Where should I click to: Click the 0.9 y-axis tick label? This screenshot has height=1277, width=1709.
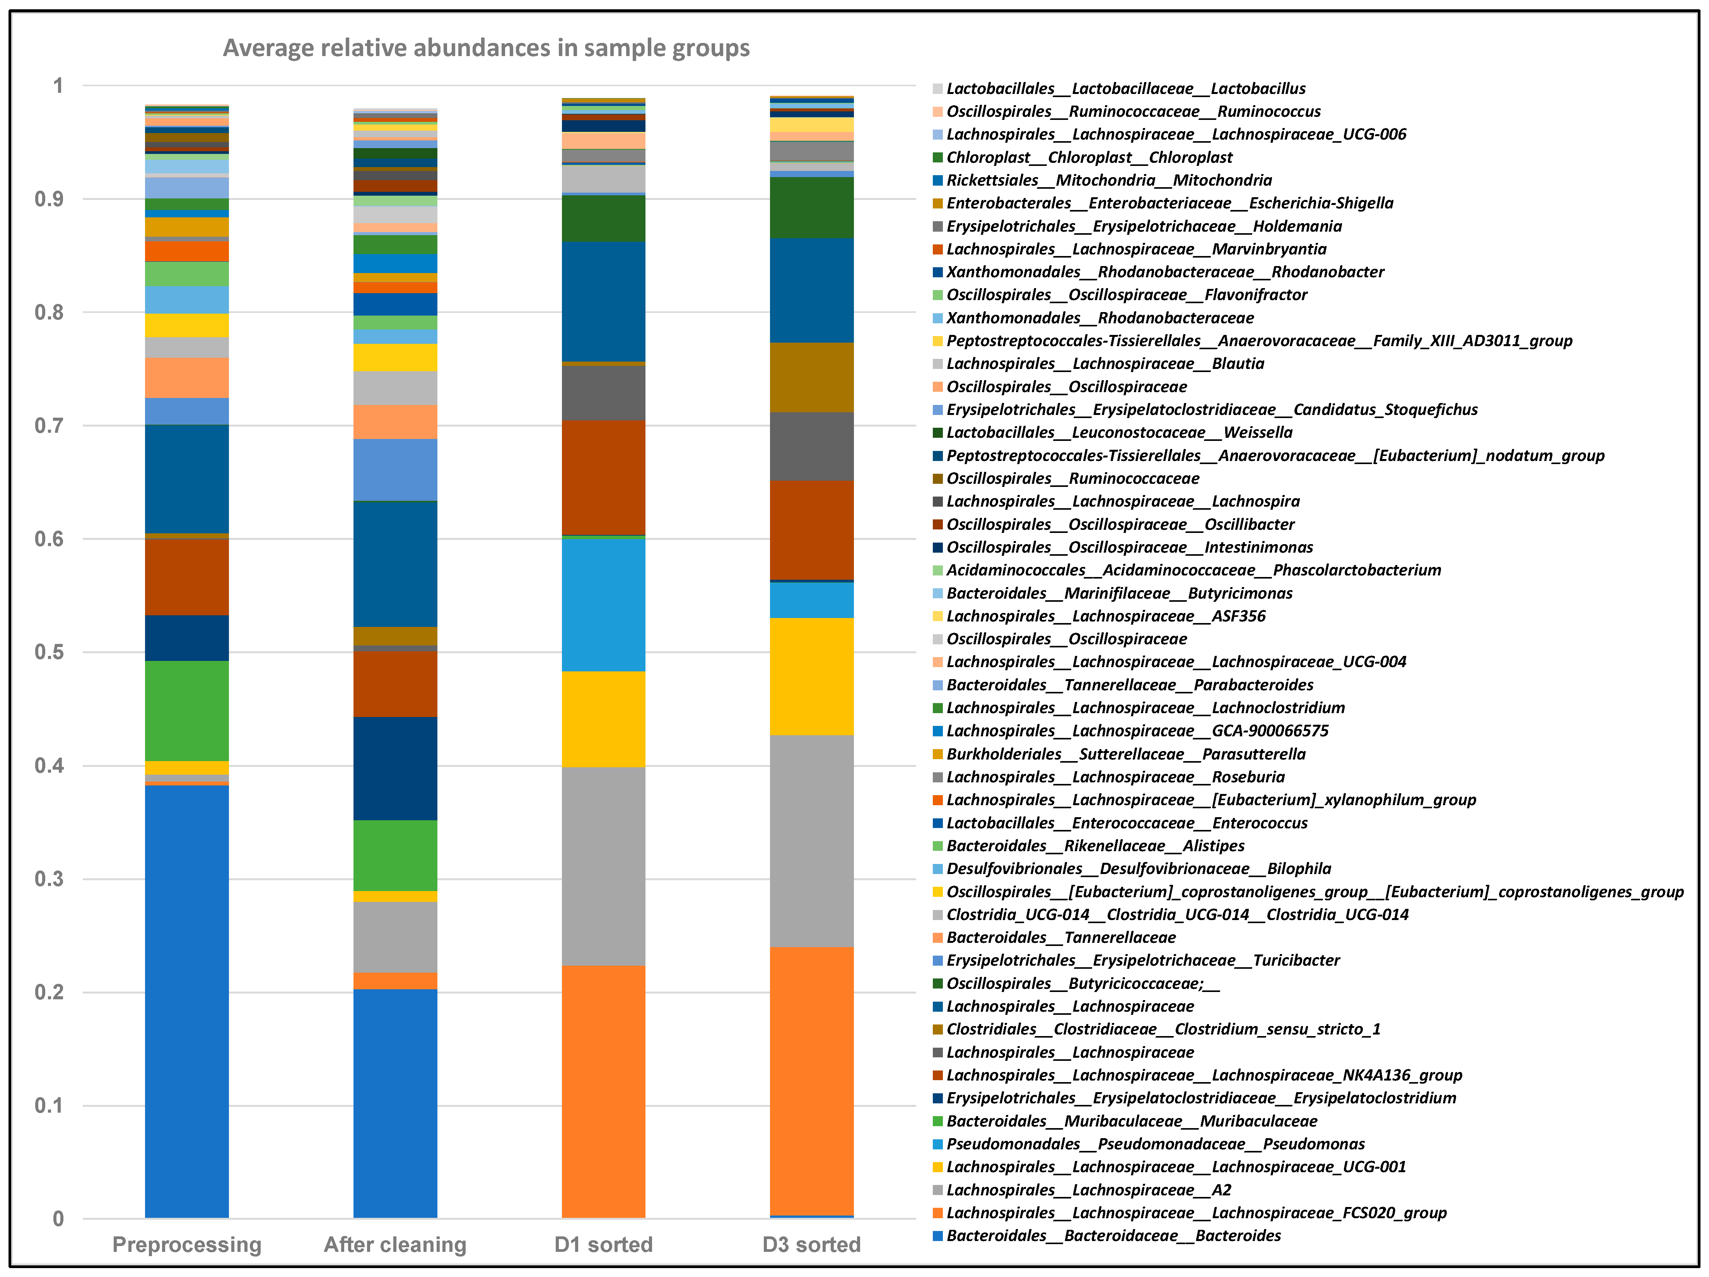[x=50, y=199]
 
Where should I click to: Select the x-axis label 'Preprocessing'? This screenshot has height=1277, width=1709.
[x=187, y=1245]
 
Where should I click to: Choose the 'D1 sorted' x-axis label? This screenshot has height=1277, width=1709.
[x=603, y=1245]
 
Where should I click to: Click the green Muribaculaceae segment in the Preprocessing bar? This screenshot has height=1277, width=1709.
[x=187, y=711]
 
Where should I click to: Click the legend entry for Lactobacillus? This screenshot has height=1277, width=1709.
[x=1126, y=89]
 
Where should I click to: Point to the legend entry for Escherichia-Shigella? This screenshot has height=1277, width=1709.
[x=1170, y=203]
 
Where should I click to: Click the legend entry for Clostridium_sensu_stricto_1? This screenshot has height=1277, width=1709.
[x=1163, y=1029]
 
